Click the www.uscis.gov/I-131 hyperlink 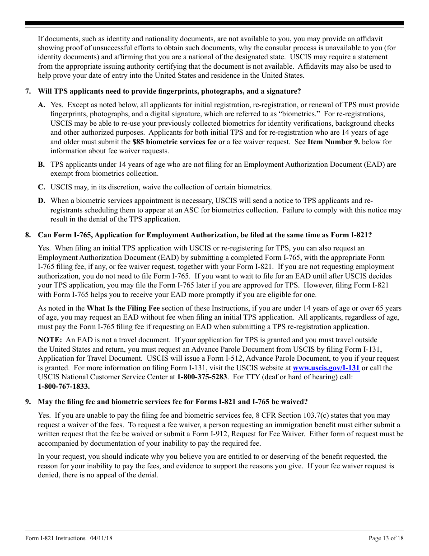point(326,368)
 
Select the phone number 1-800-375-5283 point(202,377)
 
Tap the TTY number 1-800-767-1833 point(64,386)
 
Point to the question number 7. point(28,91)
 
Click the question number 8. point(28,235)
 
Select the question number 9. point(28,402)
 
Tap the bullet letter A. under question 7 point(42,105)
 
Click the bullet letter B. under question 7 point(42,165)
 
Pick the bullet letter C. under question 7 point(42,187)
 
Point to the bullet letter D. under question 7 point(42,201)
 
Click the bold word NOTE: point(50,340)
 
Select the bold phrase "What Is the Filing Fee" point(123,308)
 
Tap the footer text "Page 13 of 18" point(386,538)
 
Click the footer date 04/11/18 point(101,538)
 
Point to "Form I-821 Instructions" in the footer point(55,538)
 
